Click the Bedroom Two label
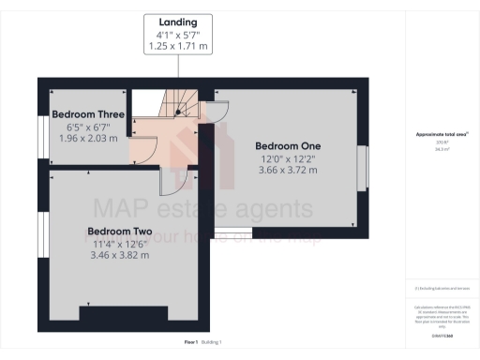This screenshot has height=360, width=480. [120, 231]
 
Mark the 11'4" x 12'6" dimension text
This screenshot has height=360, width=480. [120, 243]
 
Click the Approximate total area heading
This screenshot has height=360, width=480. [442, 134]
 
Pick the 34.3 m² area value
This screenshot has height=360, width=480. [442, 148]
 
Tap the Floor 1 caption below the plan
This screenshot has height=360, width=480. [191, 343]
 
